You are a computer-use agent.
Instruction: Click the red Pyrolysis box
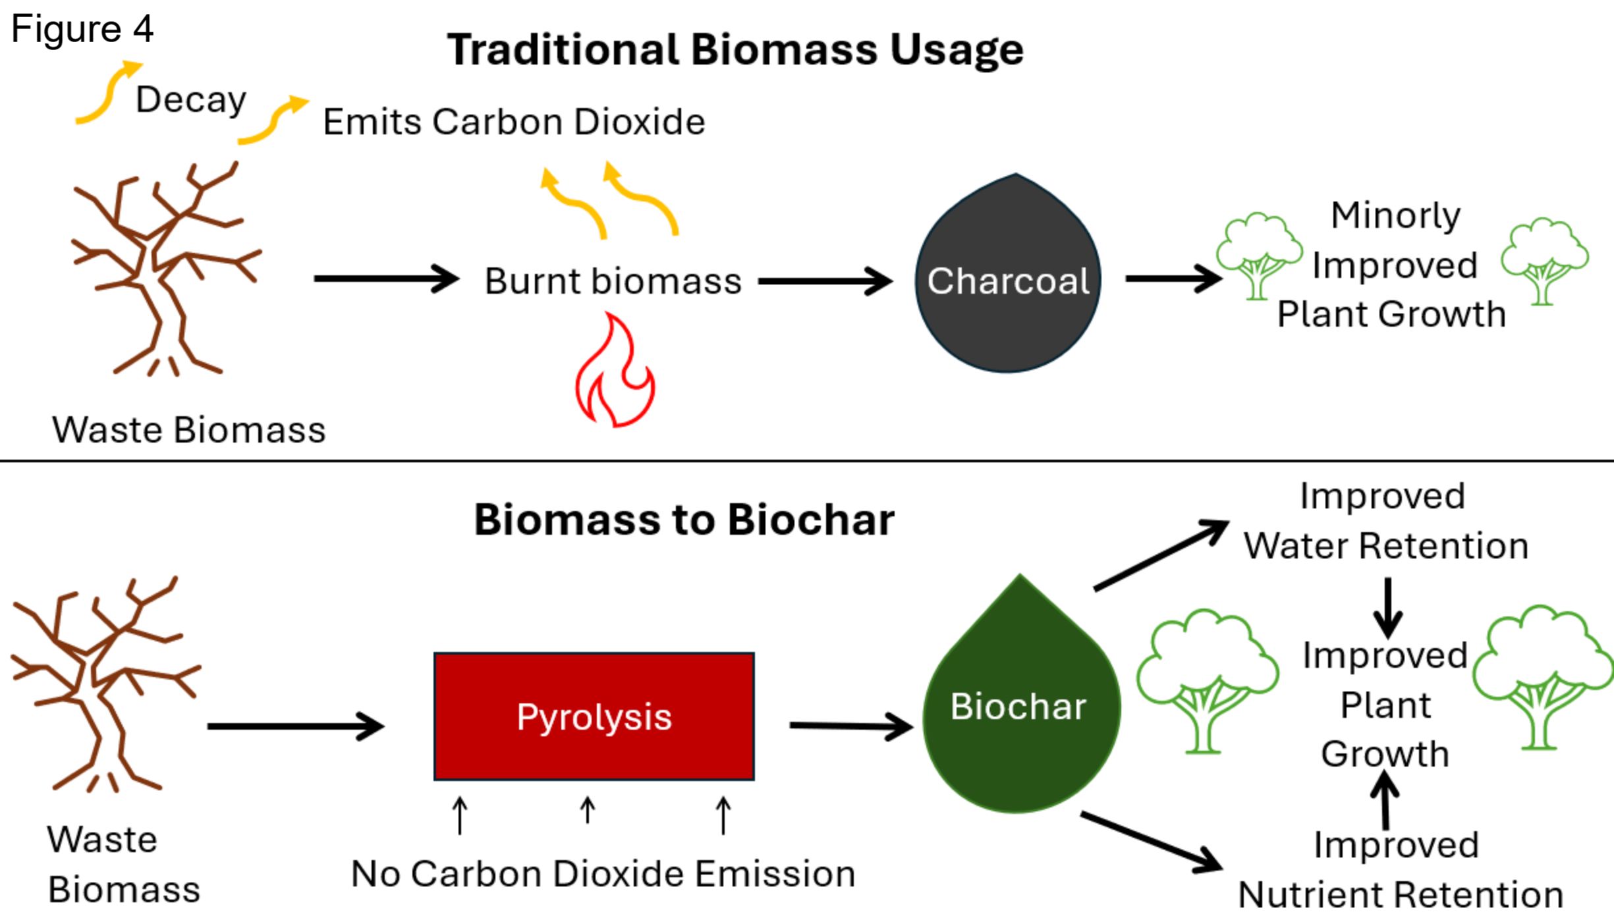(594, 717)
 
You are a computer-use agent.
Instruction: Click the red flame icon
(615, 370)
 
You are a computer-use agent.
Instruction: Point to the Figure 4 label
(82, 28)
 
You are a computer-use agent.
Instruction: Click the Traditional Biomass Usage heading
(735, 49)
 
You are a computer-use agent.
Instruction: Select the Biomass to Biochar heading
(684, 520)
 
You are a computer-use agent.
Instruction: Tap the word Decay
(191, 100)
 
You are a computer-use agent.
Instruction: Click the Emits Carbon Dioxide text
(514, 122)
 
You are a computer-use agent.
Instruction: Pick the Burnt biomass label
(613, 281)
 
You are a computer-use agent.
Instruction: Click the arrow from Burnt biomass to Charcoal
(825, 281)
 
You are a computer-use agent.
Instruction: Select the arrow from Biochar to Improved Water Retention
(1161, 555)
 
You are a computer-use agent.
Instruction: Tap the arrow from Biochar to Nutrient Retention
(1152, 842)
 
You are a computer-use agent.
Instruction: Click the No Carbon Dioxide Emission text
(603, 874)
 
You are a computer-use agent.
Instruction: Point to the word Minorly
(1395, 216)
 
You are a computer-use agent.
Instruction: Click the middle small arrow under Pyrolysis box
(588, 810)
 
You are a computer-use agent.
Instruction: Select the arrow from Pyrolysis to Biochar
(851, 726)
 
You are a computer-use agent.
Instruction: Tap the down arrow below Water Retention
(1388, 608)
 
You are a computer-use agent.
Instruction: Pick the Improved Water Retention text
(1386, 521)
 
